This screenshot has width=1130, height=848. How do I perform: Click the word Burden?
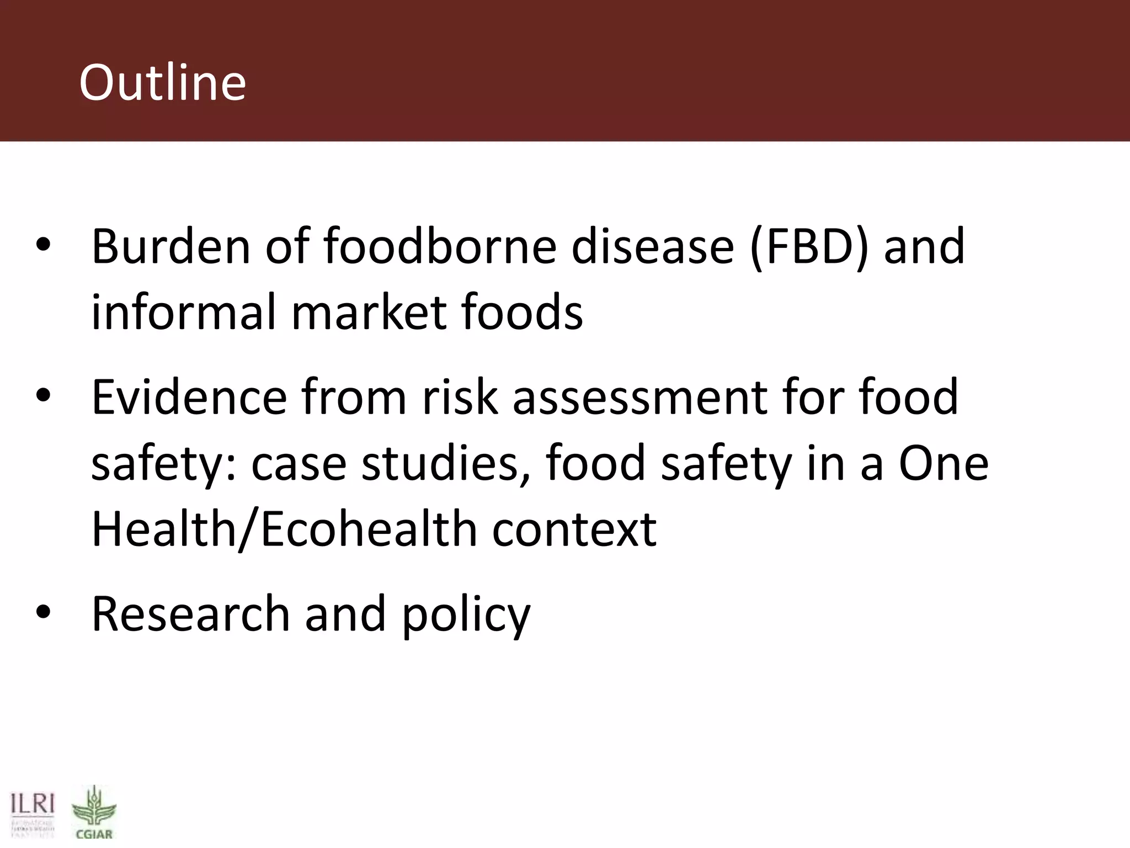pos(170,247)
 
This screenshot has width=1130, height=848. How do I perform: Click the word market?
pos(369,312)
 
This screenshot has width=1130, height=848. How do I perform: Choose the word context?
pos(574,529)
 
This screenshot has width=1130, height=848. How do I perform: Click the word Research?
pos(190,614)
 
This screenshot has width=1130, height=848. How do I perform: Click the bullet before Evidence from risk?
pos(43,395)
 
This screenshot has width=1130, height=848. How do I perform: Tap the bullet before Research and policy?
pos(43,612)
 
